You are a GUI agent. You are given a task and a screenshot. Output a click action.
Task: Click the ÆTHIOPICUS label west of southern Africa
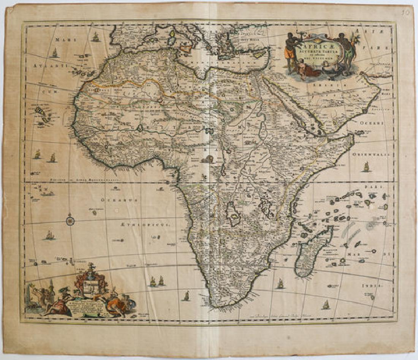[x=152, y=224]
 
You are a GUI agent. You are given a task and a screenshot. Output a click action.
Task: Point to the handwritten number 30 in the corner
[x=406, y=13]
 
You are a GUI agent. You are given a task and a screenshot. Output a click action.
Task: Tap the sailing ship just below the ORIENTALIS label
[x=366, y=167]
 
